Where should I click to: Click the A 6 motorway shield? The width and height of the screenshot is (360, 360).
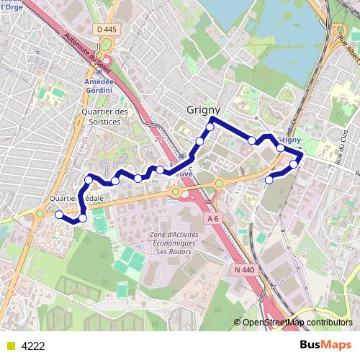point(212,218)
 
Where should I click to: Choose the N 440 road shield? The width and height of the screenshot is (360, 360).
point(245,269)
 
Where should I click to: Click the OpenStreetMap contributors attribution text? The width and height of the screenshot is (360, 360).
point(299,323)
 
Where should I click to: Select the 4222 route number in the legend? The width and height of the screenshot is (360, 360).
point(33,346)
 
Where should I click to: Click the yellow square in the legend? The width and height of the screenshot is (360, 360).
point(9,346)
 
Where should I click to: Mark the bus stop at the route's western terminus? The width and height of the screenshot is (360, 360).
point(59,214)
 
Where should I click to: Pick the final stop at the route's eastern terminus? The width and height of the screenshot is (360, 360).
point(269,180)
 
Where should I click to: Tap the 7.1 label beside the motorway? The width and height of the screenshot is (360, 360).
point(159,139)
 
